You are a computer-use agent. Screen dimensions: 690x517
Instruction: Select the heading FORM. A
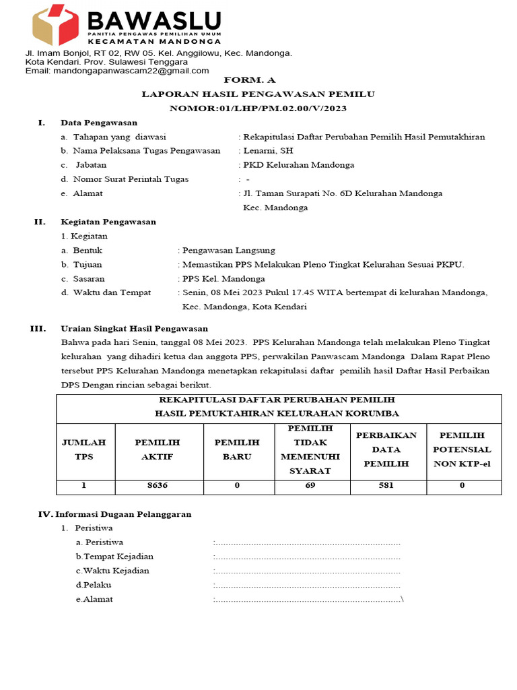(x=258, y=80)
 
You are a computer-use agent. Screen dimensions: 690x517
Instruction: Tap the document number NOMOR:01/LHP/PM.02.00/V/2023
(x=258, y=108)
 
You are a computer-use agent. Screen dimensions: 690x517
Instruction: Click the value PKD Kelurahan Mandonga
(x=298, y=165)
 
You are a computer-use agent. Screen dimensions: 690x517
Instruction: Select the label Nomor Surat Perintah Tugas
(x=131, y=179)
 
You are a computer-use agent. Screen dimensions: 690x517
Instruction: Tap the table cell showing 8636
(x=158, y=485)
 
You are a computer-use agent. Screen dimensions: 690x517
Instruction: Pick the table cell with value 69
(x=310, y=485)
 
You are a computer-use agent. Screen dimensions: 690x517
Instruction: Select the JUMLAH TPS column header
(x=84, y=449)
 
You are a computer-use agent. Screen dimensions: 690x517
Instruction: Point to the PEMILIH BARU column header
(x=237, y=449)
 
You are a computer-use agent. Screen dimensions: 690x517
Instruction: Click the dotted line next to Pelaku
(x=307, y=585)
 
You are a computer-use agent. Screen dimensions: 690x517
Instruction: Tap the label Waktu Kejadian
(x=112, y=571)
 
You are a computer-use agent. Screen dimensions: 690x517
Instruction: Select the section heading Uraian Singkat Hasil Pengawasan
(x=134, y=329)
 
